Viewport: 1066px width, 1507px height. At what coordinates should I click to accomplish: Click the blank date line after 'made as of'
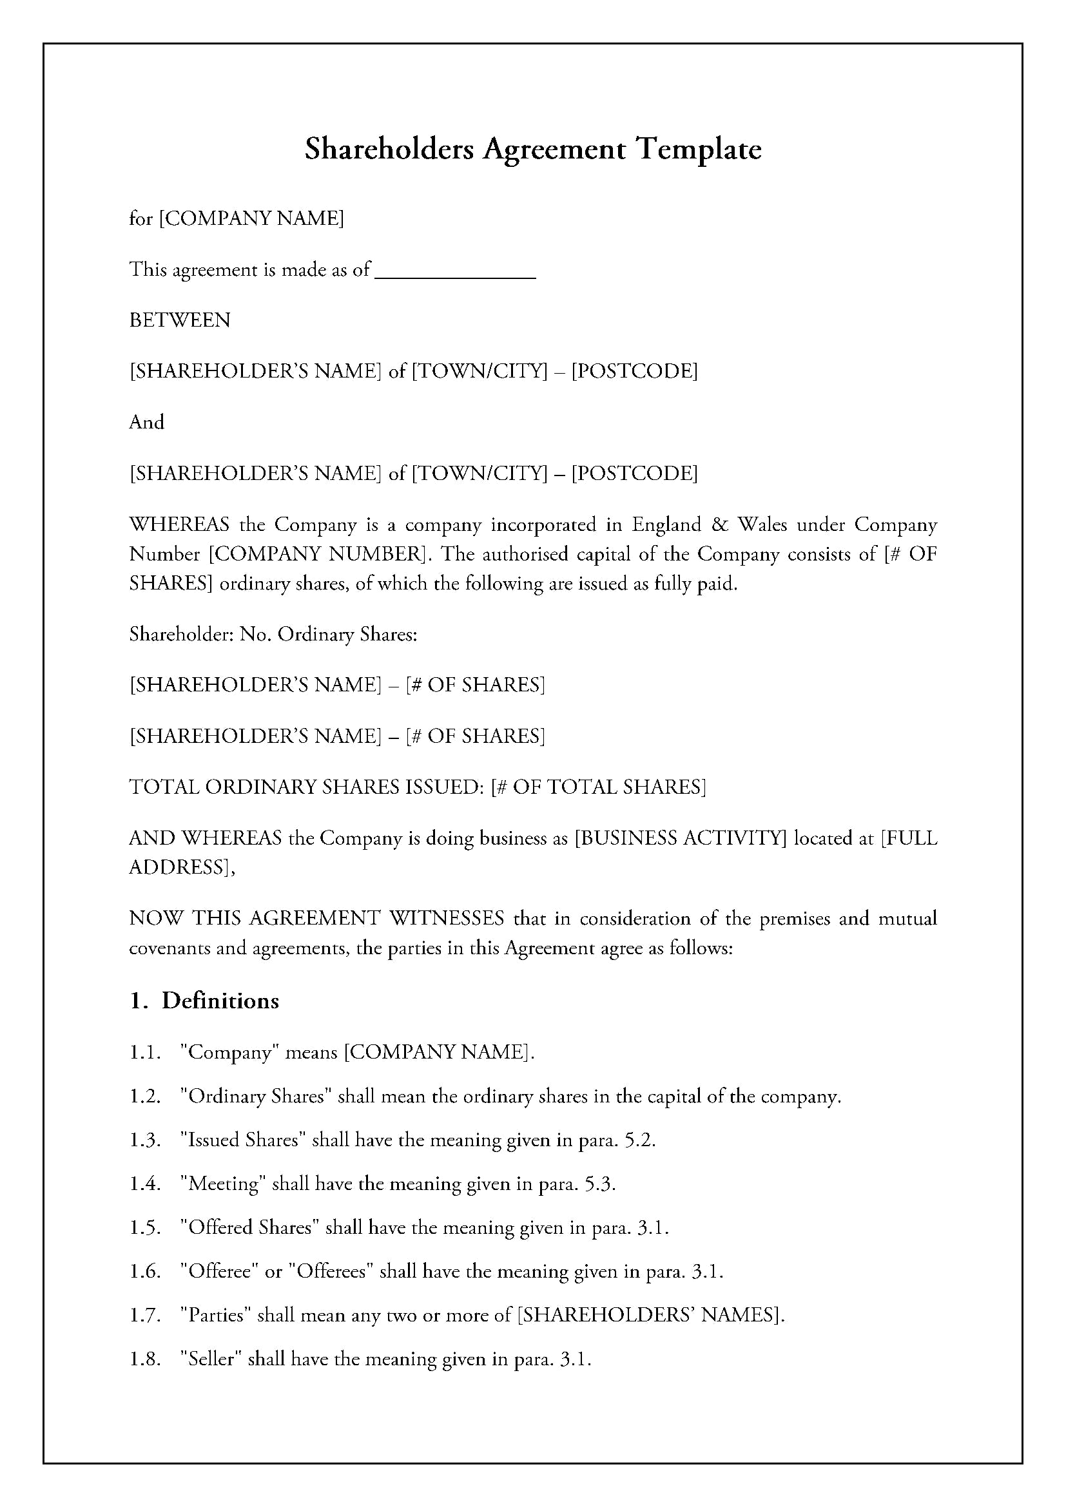(x=455, y=271)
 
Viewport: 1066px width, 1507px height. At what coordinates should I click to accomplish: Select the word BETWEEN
(x=180, y=321)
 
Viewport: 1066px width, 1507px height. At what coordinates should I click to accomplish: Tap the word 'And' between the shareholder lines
(x=146, y=422)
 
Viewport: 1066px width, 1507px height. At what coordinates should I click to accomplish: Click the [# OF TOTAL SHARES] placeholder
(x=598, y=787)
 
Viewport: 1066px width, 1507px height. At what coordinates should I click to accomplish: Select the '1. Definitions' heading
(x=204, y=1001)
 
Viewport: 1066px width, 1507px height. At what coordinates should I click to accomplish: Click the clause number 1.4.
(x=144, y=1184)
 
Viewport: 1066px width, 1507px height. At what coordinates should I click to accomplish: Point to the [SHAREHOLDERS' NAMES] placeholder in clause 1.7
(x=650, y=1316)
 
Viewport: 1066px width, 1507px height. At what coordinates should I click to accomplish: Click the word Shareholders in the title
(x=389, y=150)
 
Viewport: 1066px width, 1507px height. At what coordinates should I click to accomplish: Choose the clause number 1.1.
(x=144, y=1053)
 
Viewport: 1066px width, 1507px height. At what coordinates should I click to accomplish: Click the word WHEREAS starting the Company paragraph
(x=179, y=526)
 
